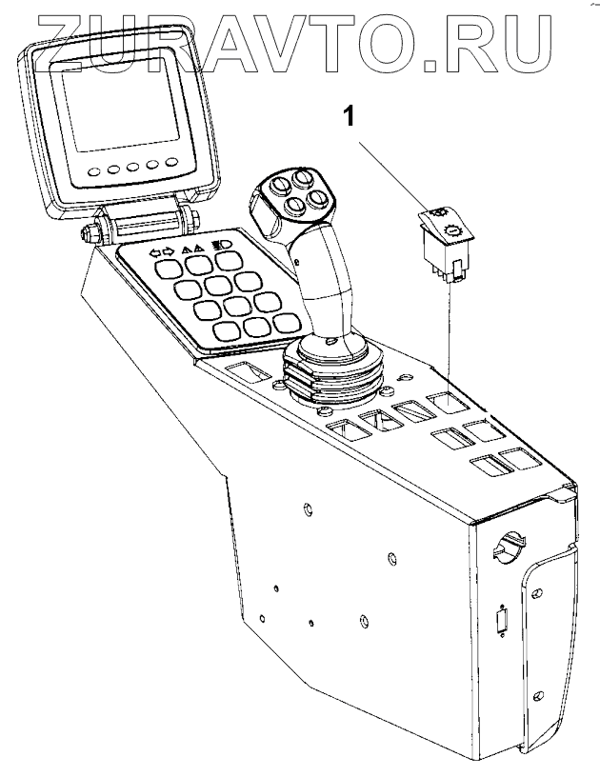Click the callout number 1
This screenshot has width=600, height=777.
(x=350, y=118)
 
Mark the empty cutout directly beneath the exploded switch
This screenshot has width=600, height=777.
(x=443, y=405)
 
